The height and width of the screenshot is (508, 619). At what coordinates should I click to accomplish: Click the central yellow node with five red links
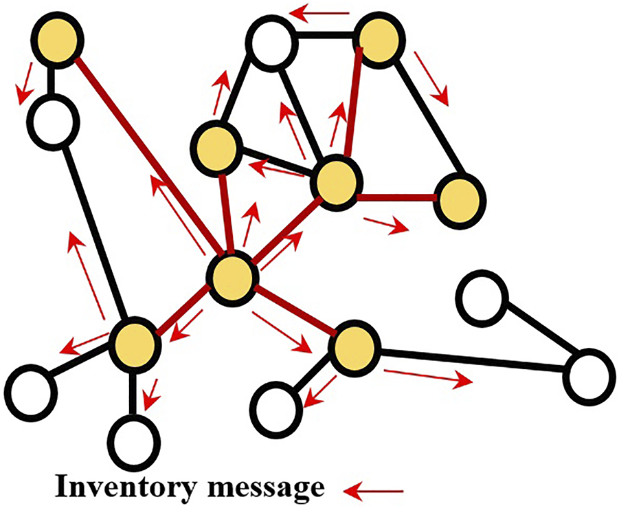232,279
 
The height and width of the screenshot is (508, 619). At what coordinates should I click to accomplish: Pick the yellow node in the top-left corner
59,42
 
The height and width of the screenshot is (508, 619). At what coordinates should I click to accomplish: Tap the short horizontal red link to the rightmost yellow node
396,197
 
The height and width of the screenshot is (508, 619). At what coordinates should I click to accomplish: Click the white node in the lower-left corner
32,391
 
